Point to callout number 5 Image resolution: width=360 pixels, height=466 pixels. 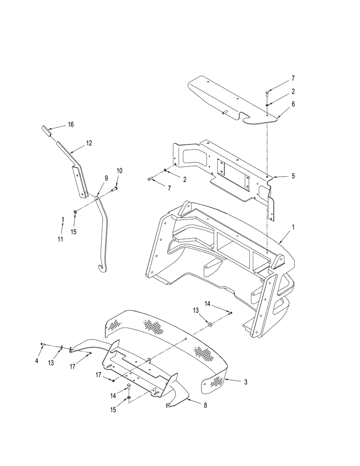point(293,176)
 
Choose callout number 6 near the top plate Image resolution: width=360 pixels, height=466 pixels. point(293,106)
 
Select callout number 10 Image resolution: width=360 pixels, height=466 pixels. point(119,171)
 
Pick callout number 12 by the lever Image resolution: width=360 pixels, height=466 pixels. point(89,145)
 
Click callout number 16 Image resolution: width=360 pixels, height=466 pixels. point(71,124)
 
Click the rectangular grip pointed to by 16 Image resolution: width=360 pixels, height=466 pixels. point(46,130)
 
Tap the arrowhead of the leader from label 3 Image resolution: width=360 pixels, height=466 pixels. point(225,380)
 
